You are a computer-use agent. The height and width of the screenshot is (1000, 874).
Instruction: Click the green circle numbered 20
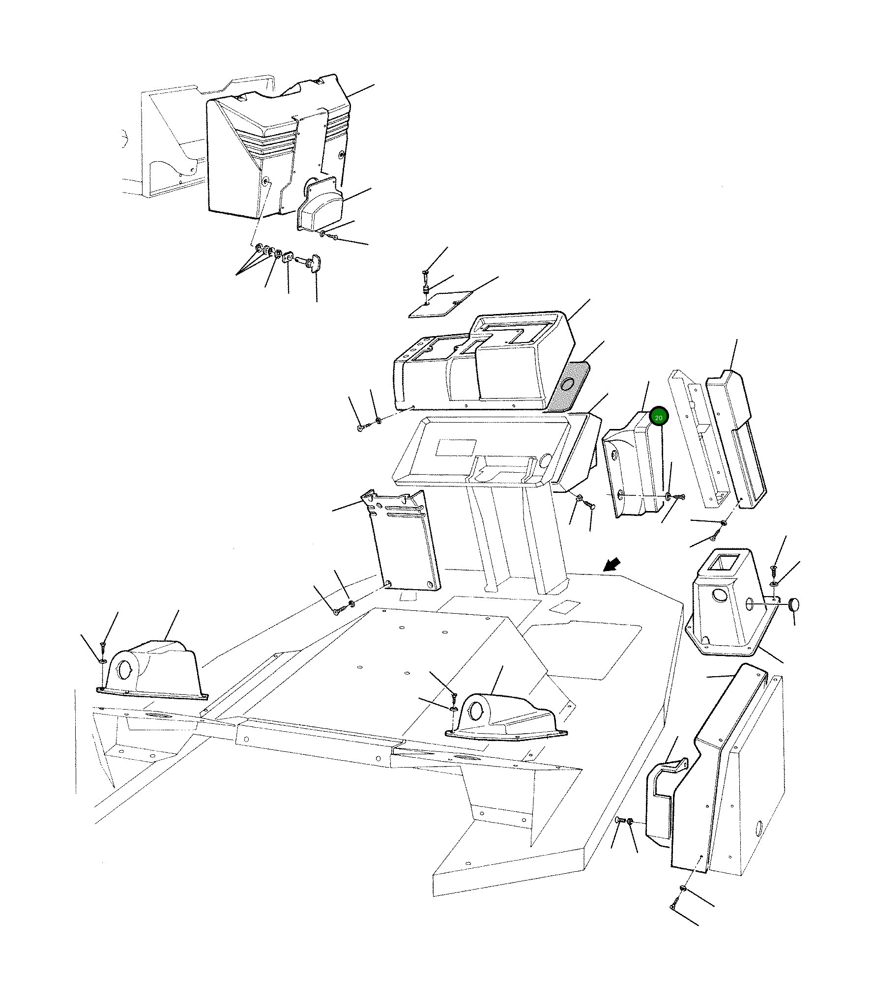659,417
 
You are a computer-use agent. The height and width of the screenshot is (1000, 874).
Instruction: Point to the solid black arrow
612,565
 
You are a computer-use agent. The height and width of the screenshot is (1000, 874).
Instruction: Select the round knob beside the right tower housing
793,604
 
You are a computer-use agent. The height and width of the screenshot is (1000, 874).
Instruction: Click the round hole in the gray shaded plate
568,386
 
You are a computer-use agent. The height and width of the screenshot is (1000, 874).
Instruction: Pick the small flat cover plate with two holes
441,304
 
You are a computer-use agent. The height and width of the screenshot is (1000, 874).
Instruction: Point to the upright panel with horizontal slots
401,540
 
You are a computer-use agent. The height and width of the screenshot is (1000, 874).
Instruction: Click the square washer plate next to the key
288,257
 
